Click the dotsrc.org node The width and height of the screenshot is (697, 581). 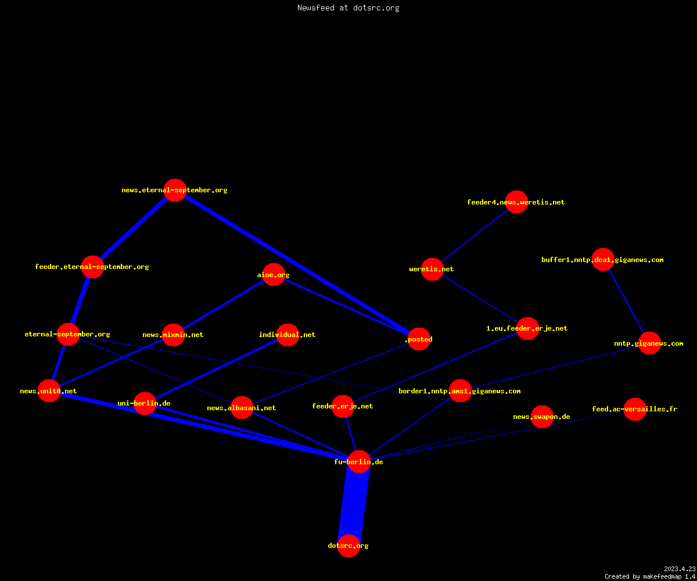point(348,546)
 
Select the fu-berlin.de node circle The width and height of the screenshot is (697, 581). point(359,462)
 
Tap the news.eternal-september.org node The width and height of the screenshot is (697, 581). point(175,191)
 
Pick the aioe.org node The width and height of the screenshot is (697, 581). point(274,275)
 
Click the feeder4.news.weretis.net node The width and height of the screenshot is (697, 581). point(516,202)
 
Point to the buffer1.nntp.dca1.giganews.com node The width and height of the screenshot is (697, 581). point(603,260)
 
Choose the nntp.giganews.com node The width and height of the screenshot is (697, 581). point(649,343)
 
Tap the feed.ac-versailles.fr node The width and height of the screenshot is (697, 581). point(635,409)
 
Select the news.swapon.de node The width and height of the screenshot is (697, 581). point(542,417)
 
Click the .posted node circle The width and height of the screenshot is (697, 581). point(419,339)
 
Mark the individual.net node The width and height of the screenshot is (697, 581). point(288,335)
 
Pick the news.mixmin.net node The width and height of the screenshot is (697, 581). point(173,335)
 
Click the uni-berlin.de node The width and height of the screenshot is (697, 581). point(145,403)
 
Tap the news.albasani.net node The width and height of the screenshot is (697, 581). point(242,408)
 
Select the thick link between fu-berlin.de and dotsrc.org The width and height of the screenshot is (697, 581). point(354,504)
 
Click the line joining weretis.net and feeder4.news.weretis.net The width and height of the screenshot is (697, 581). point(475,235)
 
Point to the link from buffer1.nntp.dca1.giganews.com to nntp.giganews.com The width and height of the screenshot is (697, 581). point(626,301)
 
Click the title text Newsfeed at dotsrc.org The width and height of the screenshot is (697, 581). point(348,8)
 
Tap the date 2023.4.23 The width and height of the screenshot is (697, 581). point(680,569)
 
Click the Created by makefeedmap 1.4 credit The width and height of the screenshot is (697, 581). point(650,576)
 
